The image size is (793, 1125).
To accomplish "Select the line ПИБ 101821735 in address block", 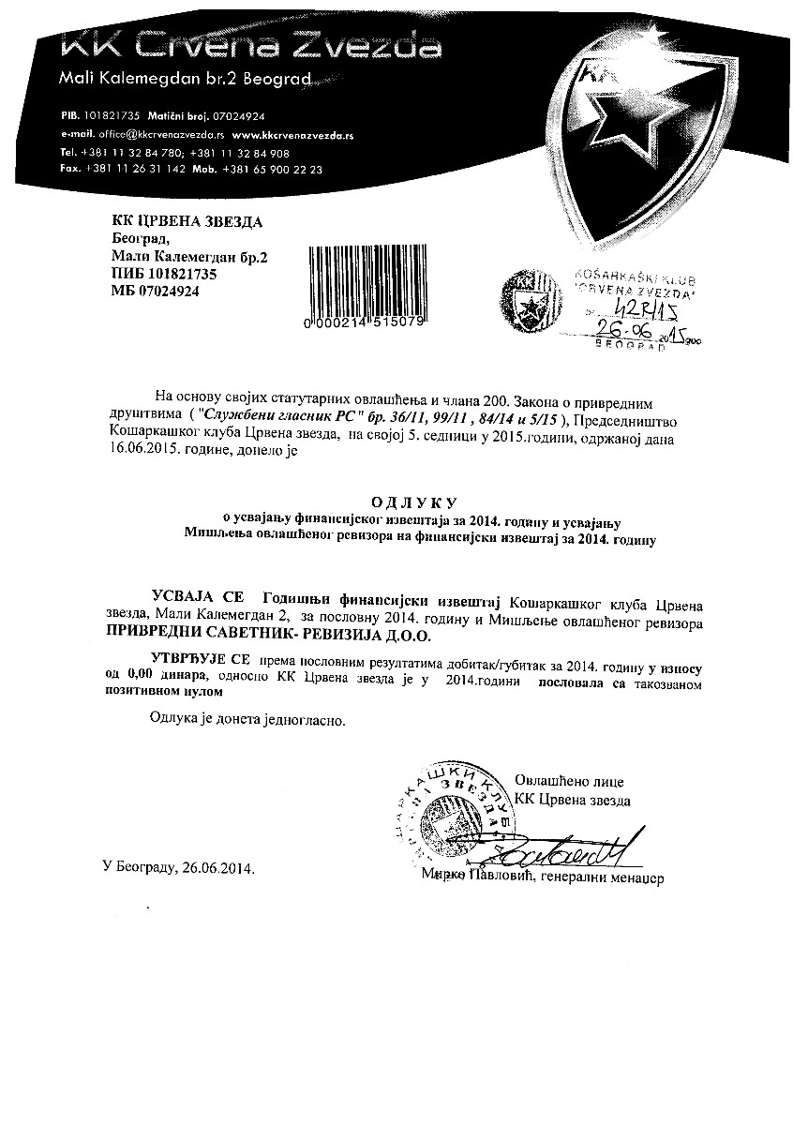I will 164,274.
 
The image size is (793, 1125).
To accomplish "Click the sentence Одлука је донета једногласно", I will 247,722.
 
